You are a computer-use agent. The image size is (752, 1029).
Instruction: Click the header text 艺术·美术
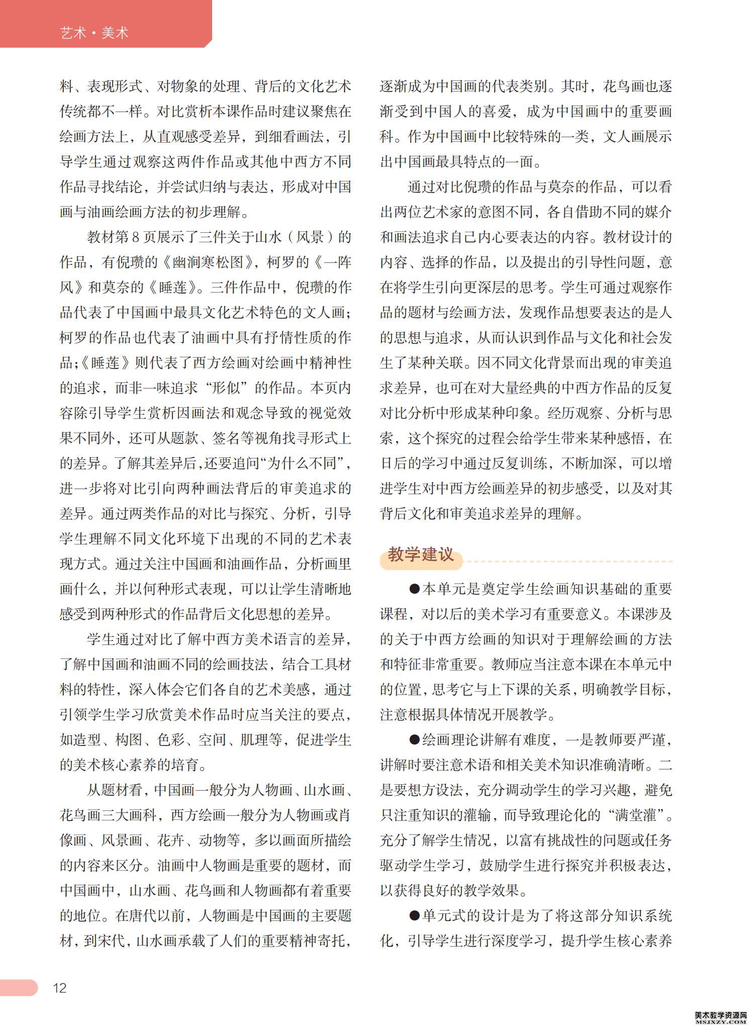click(94, 33)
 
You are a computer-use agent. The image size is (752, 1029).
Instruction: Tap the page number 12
click(60, 988)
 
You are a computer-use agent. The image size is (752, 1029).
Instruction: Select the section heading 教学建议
click(421, 555)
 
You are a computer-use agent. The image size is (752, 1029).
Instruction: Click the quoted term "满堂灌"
click(635, 815)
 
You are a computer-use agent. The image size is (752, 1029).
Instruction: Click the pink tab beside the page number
click(19, 987)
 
